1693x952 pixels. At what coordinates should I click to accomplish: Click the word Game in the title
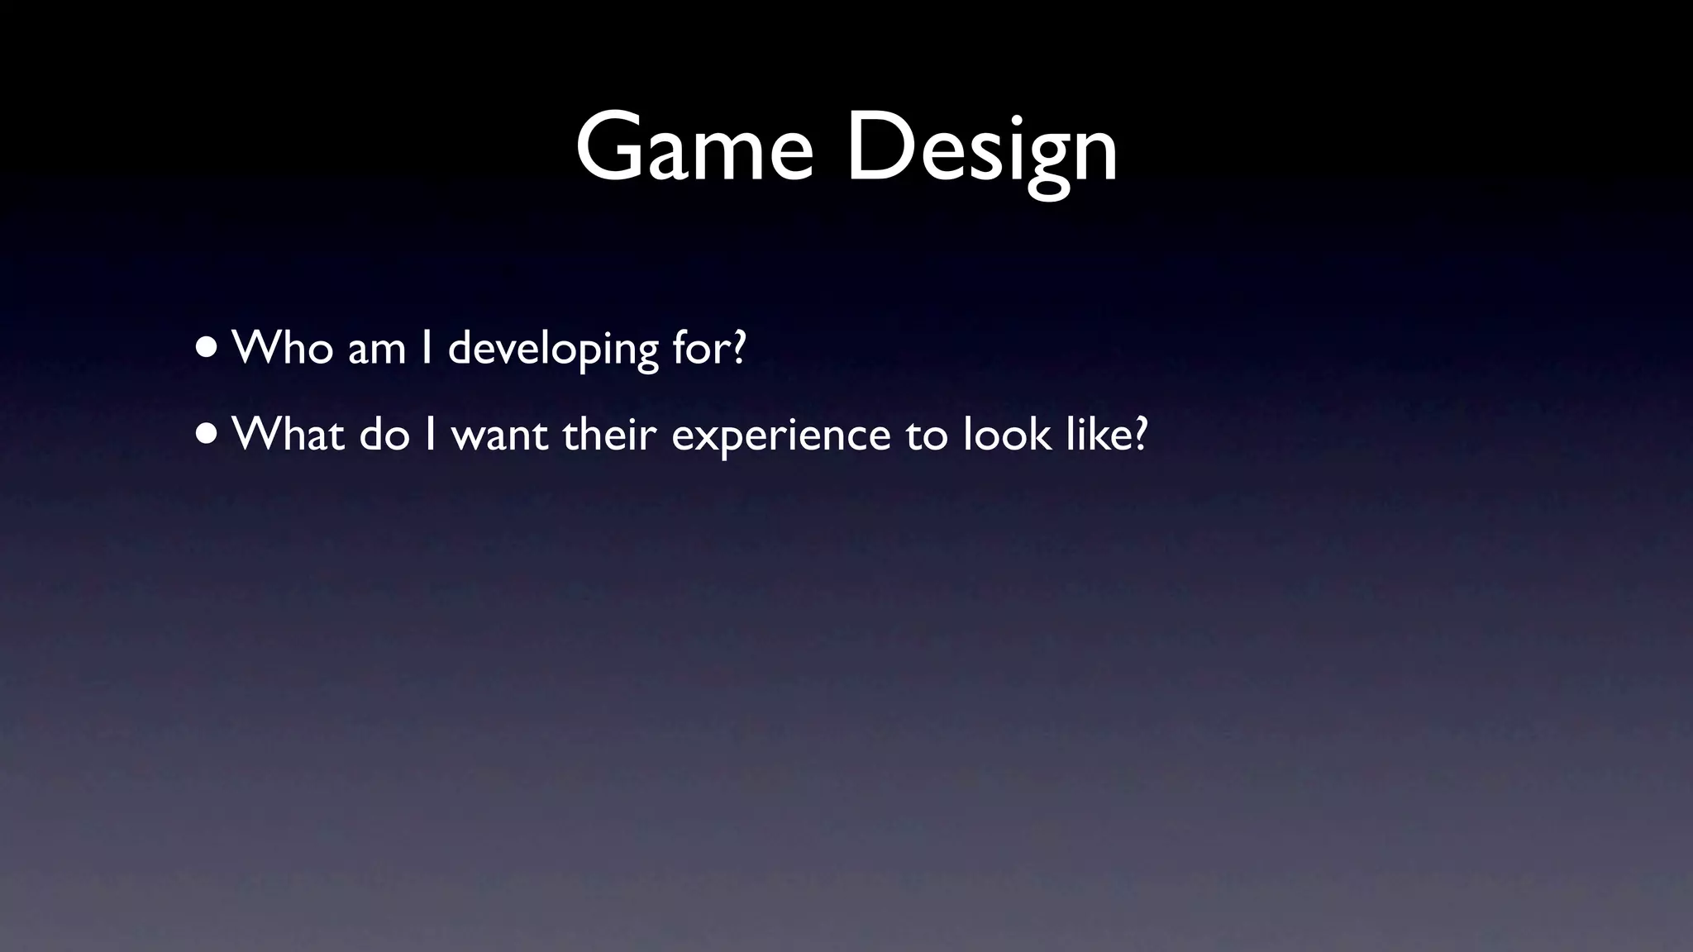694,149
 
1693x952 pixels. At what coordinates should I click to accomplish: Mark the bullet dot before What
207,434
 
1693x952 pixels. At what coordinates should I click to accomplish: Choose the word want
499,435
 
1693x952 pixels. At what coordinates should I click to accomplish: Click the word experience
781,436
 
